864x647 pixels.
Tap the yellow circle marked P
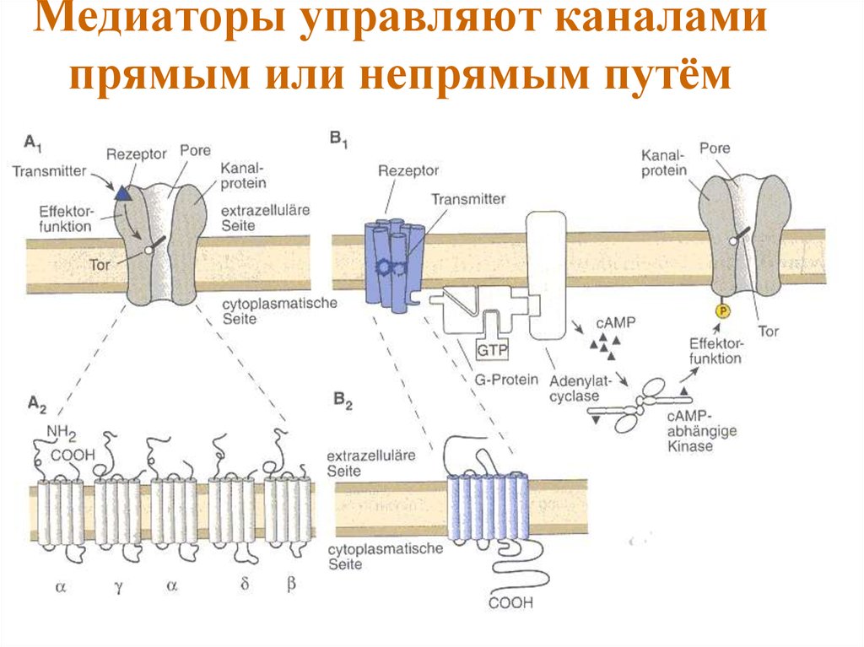(x=721, y=312)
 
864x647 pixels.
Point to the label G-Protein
(x=498, y=380)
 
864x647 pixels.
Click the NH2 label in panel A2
(x=62, y=434)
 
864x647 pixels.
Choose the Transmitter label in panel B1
(x=468, y=199)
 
